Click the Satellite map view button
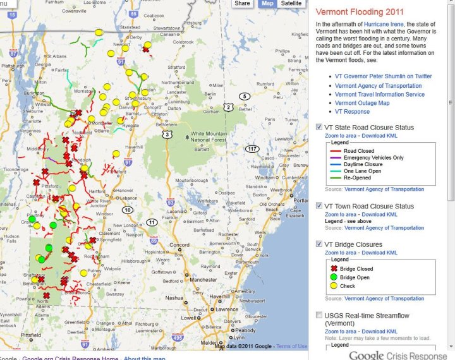tap(291, 4)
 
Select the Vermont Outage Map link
tap(362, 103)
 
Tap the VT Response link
tap(352, 112)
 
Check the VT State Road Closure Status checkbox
tap(320, 128)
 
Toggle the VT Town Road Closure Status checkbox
tap(320, 207)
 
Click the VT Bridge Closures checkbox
tap(320, 244)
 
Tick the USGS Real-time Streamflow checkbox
tap(320, 315)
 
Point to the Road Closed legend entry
tap(358, 152)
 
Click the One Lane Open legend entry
tap(363, 171)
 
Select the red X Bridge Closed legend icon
tap(334, 268)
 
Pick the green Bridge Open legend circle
tap(334, 277)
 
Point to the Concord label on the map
tap(180, 245)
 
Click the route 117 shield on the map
tap(252, 149)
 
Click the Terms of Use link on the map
tap(291, 346)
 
